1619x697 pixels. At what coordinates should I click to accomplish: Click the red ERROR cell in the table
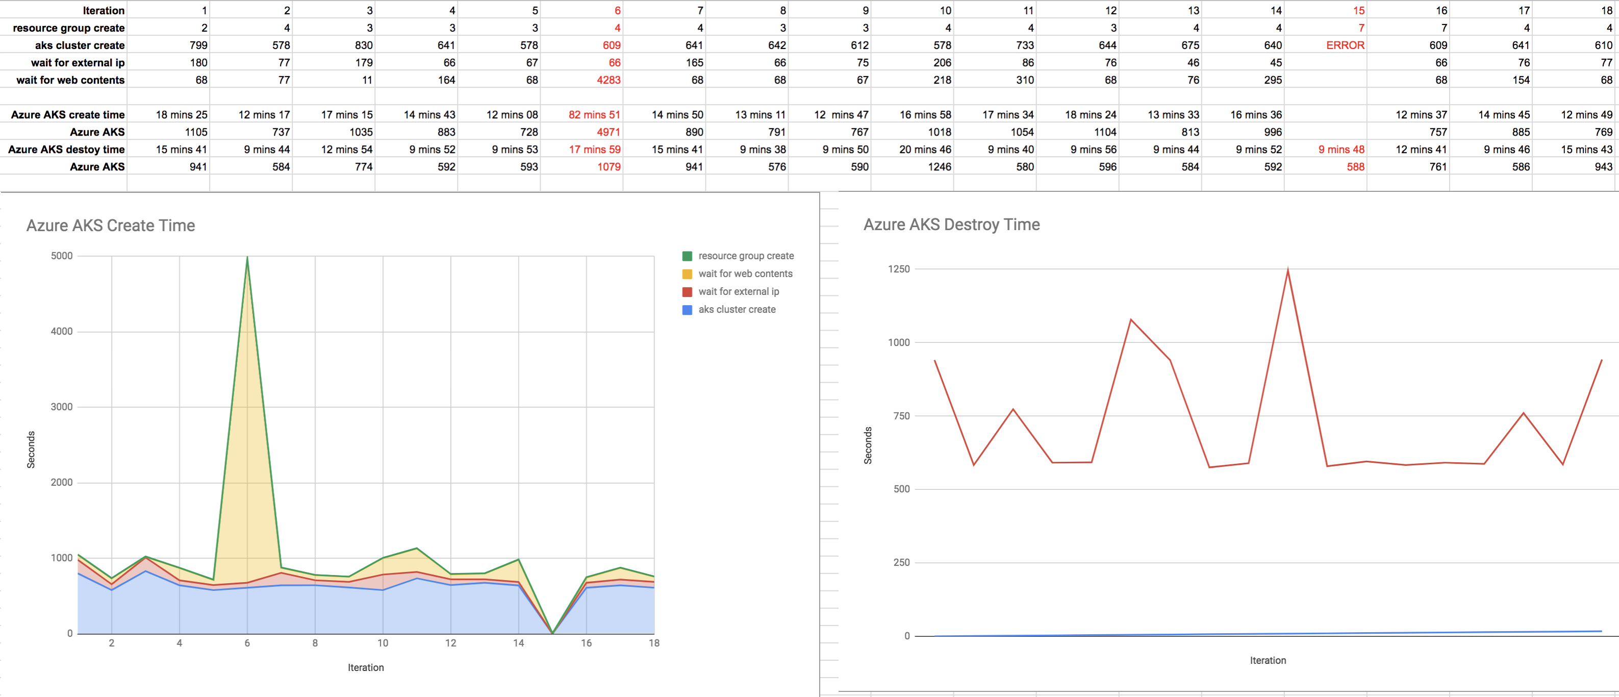click(1345, 45)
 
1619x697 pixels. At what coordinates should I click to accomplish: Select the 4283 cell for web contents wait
click(609, 80)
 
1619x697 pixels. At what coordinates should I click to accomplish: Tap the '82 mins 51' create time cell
click(594, 114)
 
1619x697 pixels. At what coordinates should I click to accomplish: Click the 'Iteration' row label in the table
click(104, 11)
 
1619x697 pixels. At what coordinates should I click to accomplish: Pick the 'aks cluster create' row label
click(80, 45)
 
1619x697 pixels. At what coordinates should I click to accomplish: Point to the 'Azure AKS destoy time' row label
click(67, 150)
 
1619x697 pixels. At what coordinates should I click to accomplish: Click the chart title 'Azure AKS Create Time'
click(111, 225)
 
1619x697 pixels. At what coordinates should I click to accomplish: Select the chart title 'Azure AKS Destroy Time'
click(951, 225)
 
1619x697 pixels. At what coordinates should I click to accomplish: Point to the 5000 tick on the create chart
click(62, 256)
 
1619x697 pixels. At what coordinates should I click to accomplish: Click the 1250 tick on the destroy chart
click(899, 269)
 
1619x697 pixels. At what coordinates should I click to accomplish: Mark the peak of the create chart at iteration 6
click(247, 257)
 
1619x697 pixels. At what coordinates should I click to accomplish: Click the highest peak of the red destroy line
click(1288, 269)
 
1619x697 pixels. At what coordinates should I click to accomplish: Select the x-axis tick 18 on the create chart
click(654, 643)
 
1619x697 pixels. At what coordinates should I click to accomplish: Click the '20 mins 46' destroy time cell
click(925, 150)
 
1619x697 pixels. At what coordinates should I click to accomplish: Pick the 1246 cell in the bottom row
click(940, 166)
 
